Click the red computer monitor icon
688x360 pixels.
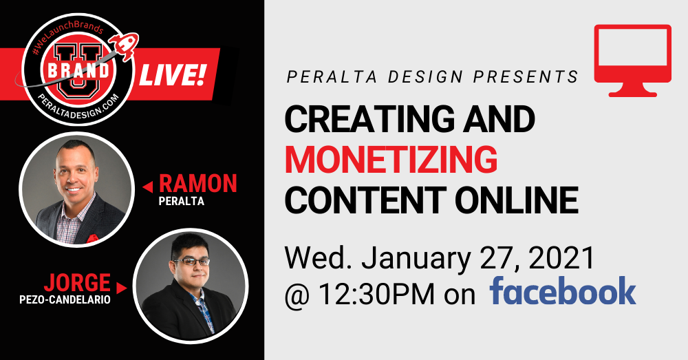pos(633,61)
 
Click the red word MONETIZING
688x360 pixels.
pos(391,160)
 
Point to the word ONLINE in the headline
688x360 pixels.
pos(517,200)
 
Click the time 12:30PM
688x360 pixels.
pos(376,294)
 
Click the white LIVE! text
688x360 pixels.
pos(173,74)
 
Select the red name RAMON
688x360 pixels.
pos(198,184)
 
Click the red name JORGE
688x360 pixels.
pos(77,283)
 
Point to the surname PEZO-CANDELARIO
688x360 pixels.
pos(65,300)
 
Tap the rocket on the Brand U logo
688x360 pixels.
pos(125,46)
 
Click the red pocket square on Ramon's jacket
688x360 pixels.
pos(92,239)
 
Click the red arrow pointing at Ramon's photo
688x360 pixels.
pos(148,187)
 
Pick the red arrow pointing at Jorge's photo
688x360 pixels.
pos(122,288)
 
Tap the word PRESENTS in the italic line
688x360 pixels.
pos(526,77)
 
